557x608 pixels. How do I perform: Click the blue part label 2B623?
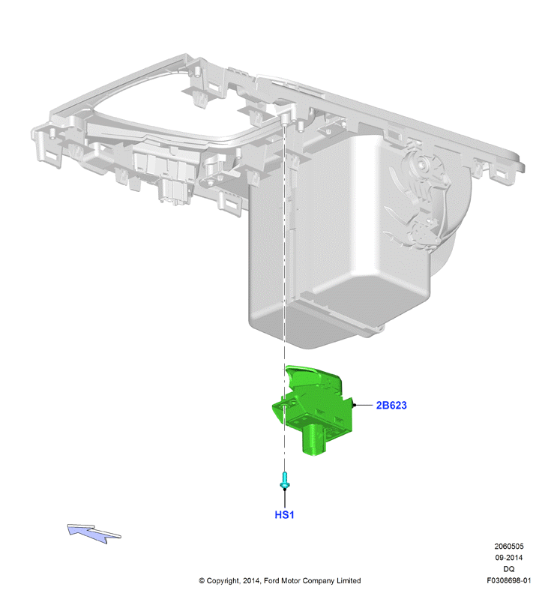point(391,405)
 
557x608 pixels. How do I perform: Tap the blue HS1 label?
point(284,514)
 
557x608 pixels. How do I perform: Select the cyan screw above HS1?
point(285,480)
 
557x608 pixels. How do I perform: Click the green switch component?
point(313,409)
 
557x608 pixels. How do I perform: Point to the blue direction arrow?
point(94,533)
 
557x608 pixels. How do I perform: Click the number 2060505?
point(508,546)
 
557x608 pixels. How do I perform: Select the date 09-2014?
point(508,558)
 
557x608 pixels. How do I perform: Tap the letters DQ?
point(508,569)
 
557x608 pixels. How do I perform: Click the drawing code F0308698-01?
point(508,580)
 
